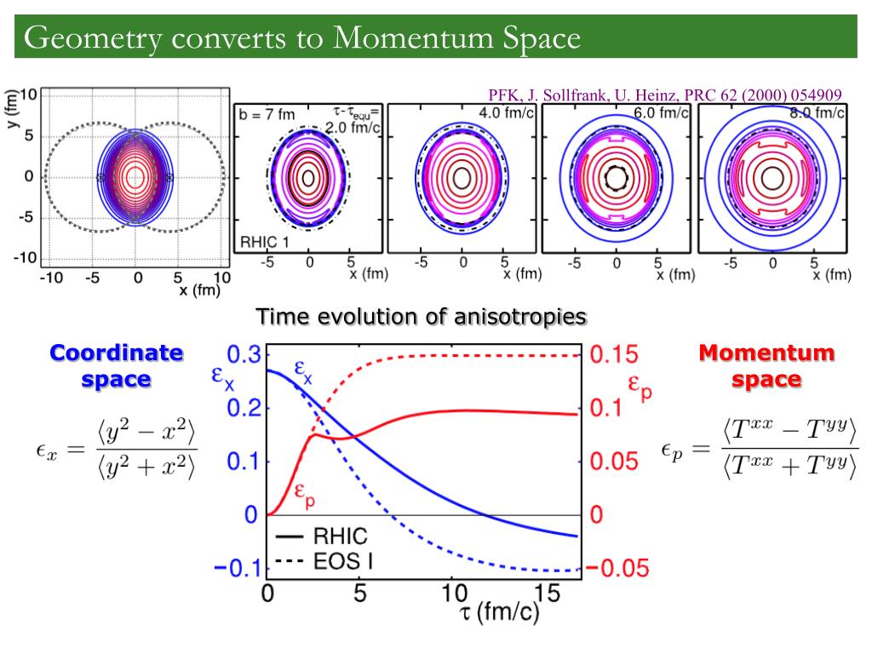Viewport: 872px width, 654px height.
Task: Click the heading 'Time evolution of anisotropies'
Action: (x=422, y=317)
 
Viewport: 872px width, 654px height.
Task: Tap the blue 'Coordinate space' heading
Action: (x=116, y=365)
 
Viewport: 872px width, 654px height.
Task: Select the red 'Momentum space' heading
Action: (x=766, y=365)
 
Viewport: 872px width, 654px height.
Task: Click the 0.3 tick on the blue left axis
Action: (x=242, y=355)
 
